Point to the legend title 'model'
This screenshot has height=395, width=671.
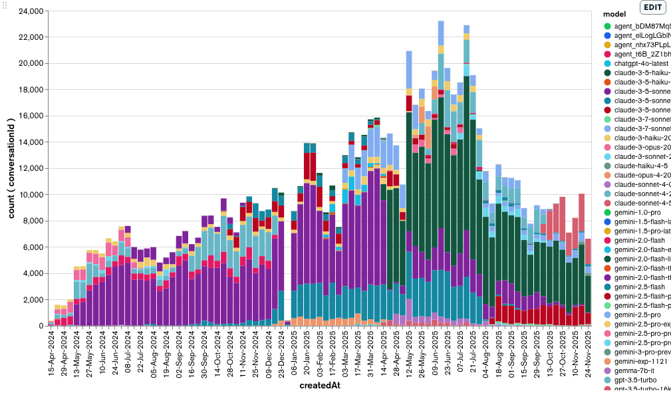click(x=613, y=14)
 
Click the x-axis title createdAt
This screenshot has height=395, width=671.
click(x=320, y=386)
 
